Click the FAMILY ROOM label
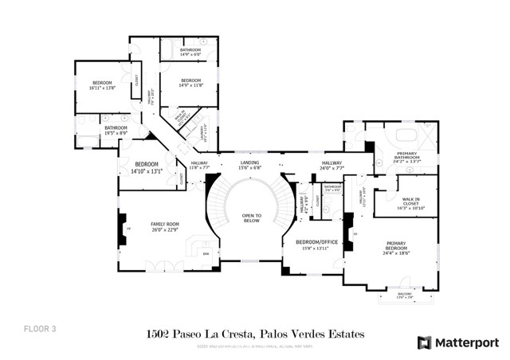click(x=165, y=225)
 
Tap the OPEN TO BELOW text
click(x=252, y=217)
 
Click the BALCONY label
click(x=400, y=294)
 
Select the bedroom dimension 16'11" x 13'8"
click(x=104, y=88)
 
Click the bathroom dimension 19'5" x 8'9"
click(x=116, y=133)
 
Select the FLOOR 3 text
click(x=37, y=327)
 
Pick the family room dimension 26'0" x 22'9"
click(x=165, y=231)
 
